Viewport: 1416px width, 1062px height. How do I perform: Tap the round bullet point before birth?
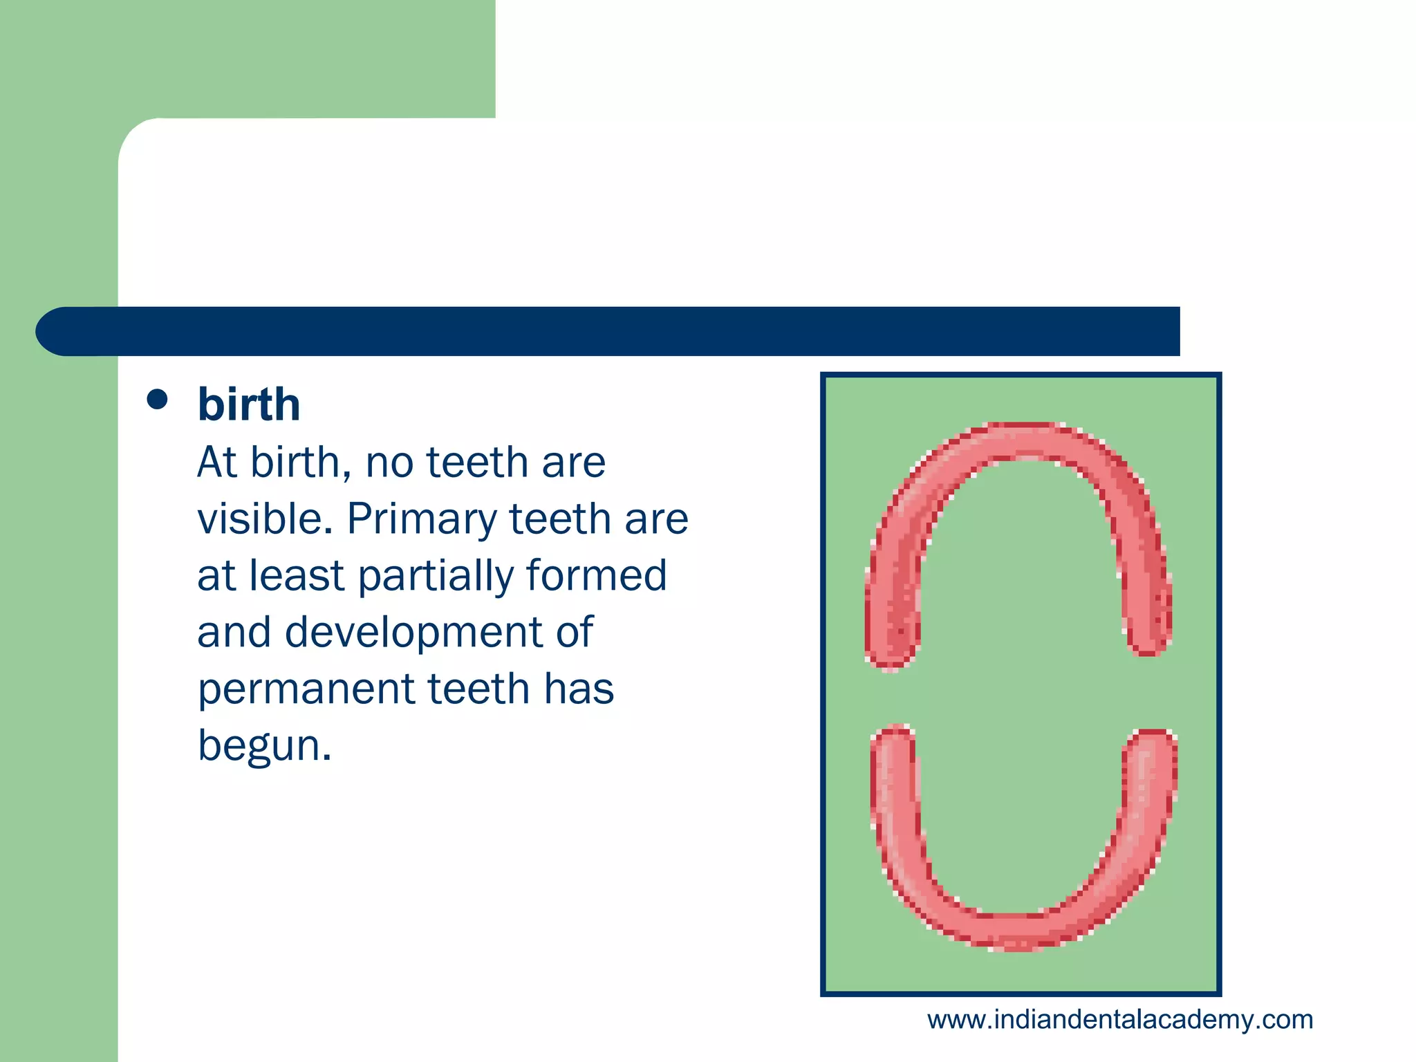pyautogui.click(x=158, y=400)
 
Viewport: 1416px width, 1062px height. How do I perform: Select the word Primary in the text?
pyautogui.click(x=422, y=520)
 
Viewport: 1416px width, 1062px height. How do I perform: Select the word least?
pyautogui.click(x=296, y=575)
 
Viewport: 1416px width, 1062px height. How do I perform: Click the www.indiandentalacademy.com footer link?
pyautogui.click(x=1120, y=1020)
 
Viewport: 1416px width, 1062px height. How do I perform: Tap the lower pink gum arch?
pyautogui.click(x=1016, y=931)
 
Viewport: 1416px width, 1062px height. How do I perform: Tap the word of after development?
pyautogui.click(x=574, y=632)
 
